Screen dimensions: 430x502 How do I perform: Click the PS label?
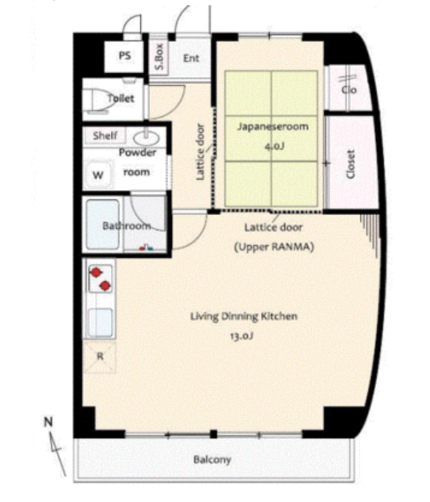pos(125,55)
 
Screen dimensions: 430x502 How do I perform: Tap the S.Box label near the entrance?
pos(159,57)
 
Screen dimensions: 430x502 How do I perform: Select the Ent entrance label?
pos(191,58)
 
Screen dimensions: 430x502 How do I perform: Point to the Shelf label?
pos(105,136)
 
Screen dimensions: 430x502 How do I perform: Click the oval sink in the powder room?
pos(146,138)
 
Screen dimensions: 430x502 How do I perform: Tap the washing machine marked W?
pos(98,175)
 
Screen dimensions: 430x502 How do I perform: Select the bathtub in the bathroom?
pos(103,225)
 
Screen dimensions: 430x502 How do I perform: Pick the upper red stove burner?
pos(95,273)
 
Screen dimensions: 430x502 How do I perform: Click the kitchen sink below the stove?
pos(100,322)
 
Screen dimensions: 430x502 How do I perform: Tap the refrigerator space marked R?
pos(99,356)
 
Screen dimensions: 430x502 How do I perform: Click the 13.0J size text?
pos(242,336)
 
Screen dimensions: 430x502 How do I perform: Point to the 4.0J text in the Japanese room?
pos(274,146)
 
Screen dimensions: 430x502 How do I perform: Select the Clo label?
pos(349,90)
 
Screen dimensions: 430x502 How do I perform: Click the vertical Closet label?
pos(351,164)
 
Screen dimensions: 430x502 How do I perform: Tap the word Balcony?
pos(212,460)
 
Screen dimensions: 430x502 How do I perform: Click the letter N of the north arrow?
pos(48,422)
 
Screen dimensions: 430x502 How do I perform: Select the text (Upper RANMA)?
pos(274,247)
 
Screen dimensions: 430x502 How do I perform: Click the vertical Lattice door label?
pos(200,152)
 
